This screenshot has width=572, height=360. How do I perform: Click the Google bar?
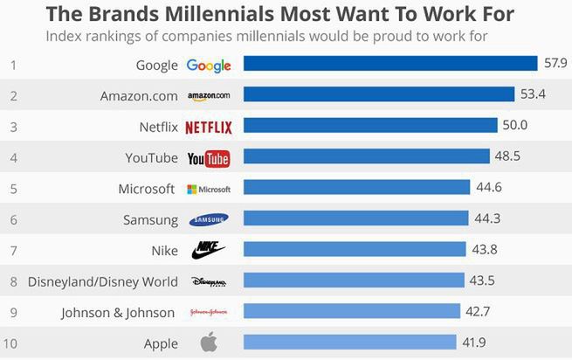pyautogui.click(x=389, y=64)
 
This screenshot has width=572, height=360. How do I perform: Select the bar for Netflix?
pyautogui.click(x=370, y=126)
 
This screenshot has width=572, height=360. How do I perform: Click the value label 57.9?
pyautogui.click(x=555, y=64)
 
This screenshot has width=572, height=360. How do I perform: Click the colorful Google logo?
pyautogui.click(x=209, y=66)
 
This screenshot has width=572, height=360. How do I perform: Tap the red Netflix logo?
pyautogui.click(x=209, y=128)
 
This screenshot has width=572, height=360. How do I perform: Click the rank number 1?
pyautogui.click(x=13, y=65)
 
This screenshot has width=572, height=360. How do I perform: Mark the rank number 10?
pyautogui.click(x=13, y=343)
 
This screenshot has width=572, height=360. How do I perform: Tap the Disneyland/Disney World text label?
pyautogui.click(x=103, y=282)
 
